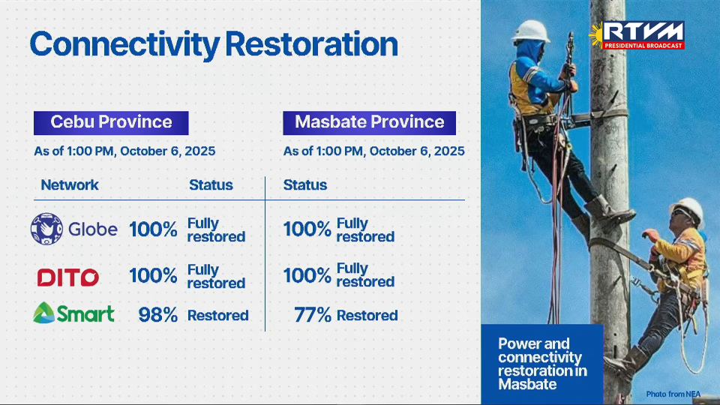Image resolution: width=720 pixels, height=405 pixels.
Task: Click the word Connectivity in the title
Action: click(x=124, y=45)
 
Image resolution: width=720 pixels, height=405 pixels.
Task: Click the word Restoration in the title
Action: click(x=311, y=44)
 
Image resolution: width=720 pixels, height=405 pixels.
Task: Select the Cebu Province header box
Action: click(x=111, y=122)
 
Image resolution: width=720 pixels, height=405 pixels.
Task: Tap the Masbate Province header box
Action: click(x=369, y=122)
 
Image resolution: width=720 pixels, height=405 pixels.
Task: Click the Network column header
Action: click(x=69, y=185)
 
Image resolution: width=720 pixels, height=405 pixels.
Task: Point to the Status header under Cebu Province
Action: click(x=211, y=185)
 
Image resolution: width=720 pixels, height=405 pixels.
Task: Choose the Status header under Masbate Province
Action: click(x=305, y=185)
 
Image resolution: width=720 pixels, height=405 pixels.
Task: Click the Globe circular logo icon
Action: click(x=46, y=229)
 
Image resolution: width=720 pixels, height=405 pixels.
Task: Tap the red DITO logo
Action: click(x=68, y=277)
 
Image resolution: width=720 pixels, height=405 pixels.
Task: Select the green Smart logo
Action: click(x=73, y=313)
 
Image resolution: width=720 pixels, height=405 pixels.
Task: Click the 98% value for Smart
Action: click(x=158, y=315)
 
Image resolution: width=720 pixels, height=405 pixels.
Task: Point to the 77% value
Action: click(x=312, y=315)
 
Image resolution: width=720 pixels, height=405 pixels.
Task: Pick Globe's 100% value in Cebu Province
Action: click(x=153, y=229)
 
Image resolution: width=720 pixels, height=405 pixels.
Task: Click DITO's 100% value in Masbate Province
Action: click(x=307, y=275)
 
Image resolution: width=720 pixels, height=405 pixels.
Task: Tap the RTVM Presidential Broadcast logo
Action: click(x=637, y=35)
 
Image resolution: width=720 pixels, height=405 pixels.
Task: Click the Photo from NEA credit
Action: click(x=673, y=394)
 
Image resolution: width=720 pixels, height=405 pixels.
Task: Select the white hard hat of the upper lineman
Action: click(x=531, y=31)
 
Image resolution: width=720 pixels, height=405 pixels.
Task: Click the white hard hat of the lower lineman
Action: click(x=687, y=209)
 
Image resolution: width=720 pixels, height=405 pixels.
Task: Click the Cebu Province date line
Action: click(x=124, y=151)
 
